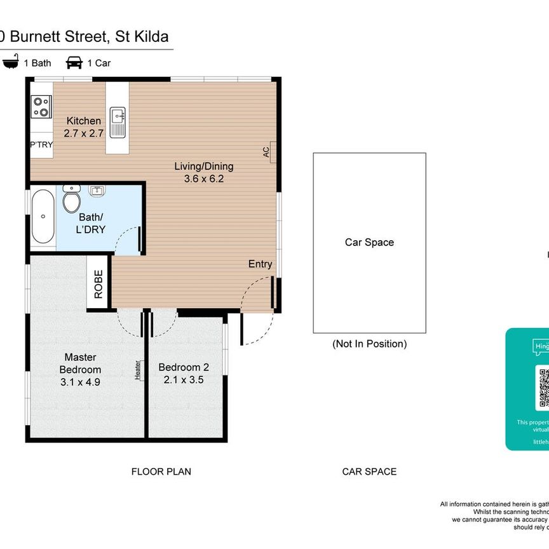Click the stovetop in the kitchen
click(41, 107)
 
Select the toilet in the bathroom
click(71, 200)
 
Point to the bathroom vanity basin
click(97, 191)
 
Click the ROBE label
click(98, 284)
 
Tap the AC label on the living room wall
click(266, 152)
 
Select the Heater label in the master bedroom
click(137, 370)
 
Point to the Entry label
click(261, 264)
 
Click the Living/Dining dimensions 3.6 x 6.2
click(204, 179)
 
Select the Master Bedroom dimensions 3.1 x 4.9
click(80, 382)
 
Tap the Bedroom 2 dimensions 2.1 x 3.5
click(183, 379)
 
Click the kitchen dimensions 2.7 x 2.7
click(83, 133)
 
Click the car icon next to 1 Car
click(74, 63)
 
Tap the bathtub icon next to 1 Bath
click(10, 63)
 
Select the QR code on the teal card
click(543, 388)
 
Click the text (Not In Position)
click(369, 344)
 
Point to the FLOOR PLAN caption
click(161, 471)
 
